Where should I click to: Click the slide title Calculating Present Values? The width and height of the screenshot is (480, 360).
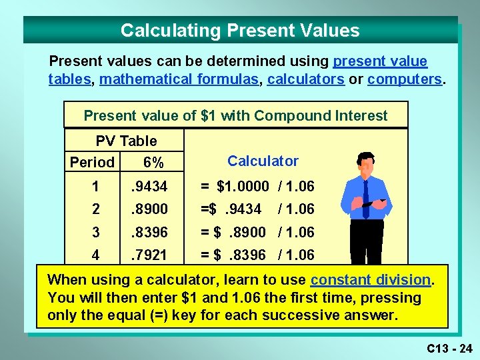click(x=240, y=31)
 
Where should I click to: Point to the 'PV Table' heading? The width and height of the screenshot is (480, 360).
click(x=126, y=141)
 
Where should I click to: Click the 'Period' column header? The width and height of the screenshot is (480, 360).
click(x=92, y=163)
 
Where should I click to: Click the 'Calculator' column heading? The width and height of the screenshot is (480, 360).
click(x=263, y=161)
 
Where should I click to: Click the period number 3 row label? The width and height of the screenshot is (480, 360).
click(x=96, y=232)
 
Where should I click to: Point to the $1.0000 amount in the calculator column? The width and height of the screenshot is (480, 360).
click(x=243, y=187)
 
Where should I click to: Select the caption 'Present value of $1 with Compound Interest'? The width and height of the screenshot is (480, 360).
click(x=235, y=115)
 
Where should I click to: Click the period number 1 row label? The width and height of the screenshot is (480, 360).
click(x=96, y=187)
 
